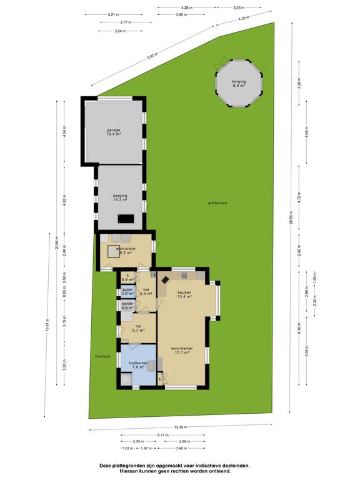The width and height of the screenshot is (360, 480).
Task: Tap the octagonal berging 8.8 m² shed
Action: click(x=238, y=84)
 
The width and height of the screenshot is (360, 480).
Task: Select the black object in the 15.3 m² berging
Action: click(x=126, y=218)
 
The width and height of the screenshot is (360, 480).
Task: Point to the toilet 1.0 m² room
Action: click(x=127, y=292)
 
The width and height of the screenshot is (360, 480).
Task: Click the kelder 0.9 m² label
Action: click(x=127, y=306)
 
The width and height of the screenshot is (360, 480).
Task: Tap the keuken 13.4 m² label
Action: click(x=184, y=294)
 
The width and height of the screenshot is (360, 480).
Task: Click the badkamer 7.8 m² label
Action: click(x=138, y=365)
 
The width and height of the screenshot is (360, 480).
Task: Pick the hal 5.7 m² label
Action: click(x=138, y=328)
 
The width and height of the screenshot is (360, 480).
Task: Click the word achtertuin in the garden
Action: click(x=218, y=203)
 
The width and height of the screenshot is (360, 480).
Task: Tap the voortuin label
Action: click(x=102, y=356)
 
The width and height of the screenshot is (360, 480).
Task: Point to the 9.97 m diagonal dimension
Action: click(x=152, y=57)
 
